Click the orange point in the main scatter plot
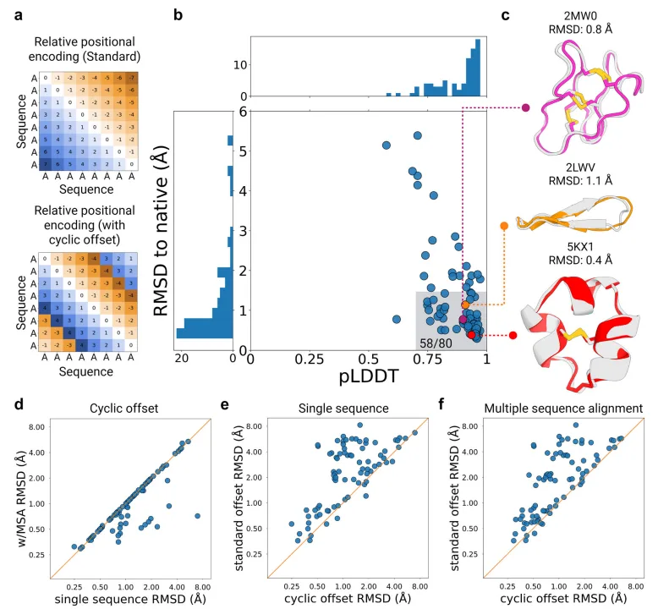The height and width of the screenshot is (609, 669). click(x=464, y=304)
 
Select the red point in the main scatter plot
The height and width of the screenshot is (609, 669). click(x=471, y=335)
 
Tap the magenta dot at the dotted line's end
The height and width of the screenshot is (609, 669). click(x=526, y=108)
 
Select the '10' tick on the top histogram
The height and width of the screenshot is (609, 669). click(x=239, y=64)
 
